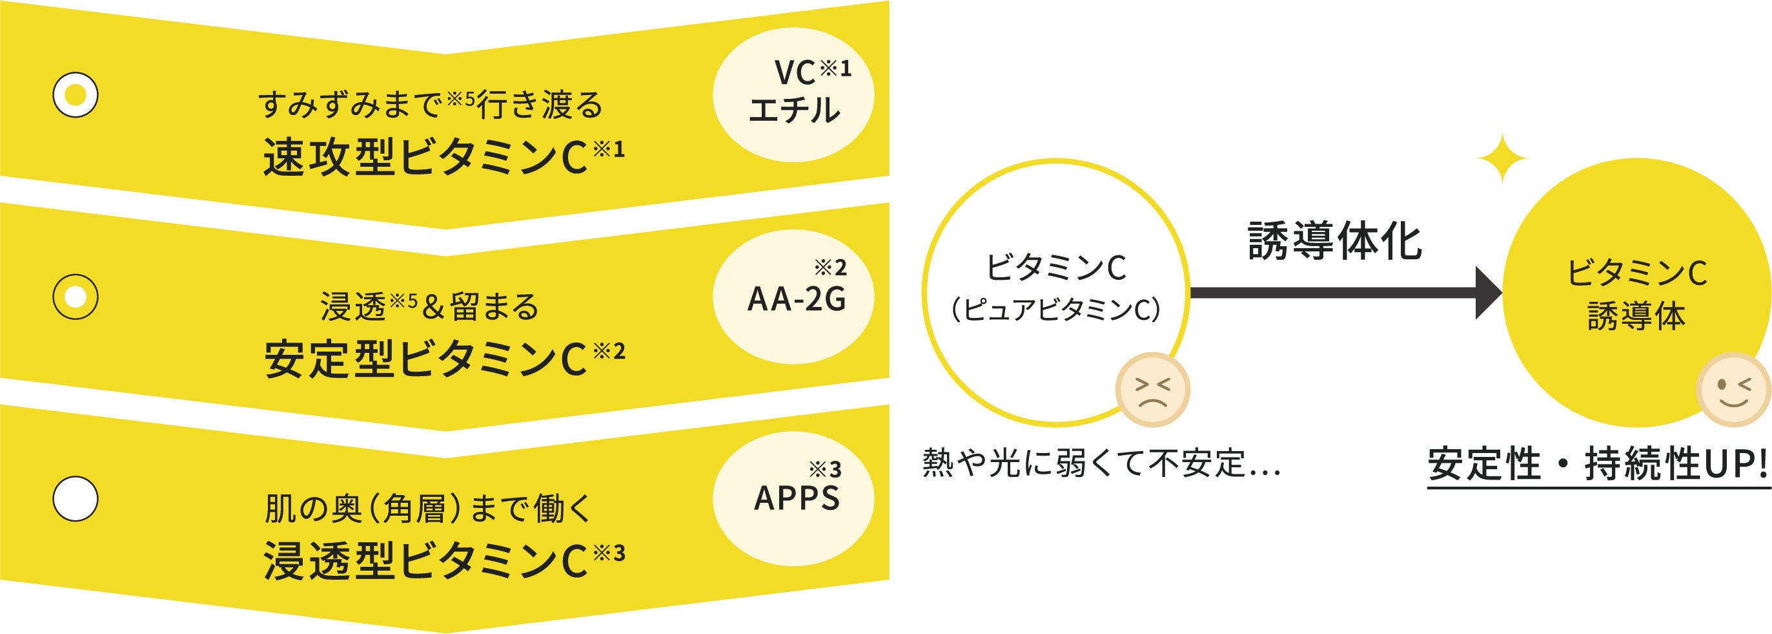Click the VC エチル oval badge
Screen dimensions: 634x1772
793,95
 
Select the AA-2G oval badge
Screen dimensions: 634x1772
793,297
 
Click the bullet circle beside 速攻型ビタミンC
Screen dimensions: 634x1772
76,94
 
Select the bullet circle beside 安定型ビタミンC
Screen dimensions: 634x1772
76,297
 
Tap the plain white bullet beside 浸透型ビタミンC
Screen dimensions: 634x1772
76,498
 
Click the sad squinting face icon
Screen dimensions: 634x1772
1153,390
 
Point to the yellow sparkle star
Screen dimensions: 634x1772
1502,159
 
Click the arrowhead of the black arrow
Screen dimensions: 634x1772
1488,293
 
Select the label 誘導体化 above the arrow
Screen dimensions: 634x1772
1335,242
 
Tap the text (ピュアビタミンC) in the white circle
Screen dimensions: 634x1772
1056,310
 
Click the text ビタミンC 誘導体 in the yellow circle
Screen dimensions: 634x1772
1636,295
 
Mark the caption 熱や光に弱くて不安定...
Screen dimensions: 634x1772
1101,463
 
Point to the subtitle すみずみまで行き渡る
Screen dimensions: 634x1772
431,105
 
